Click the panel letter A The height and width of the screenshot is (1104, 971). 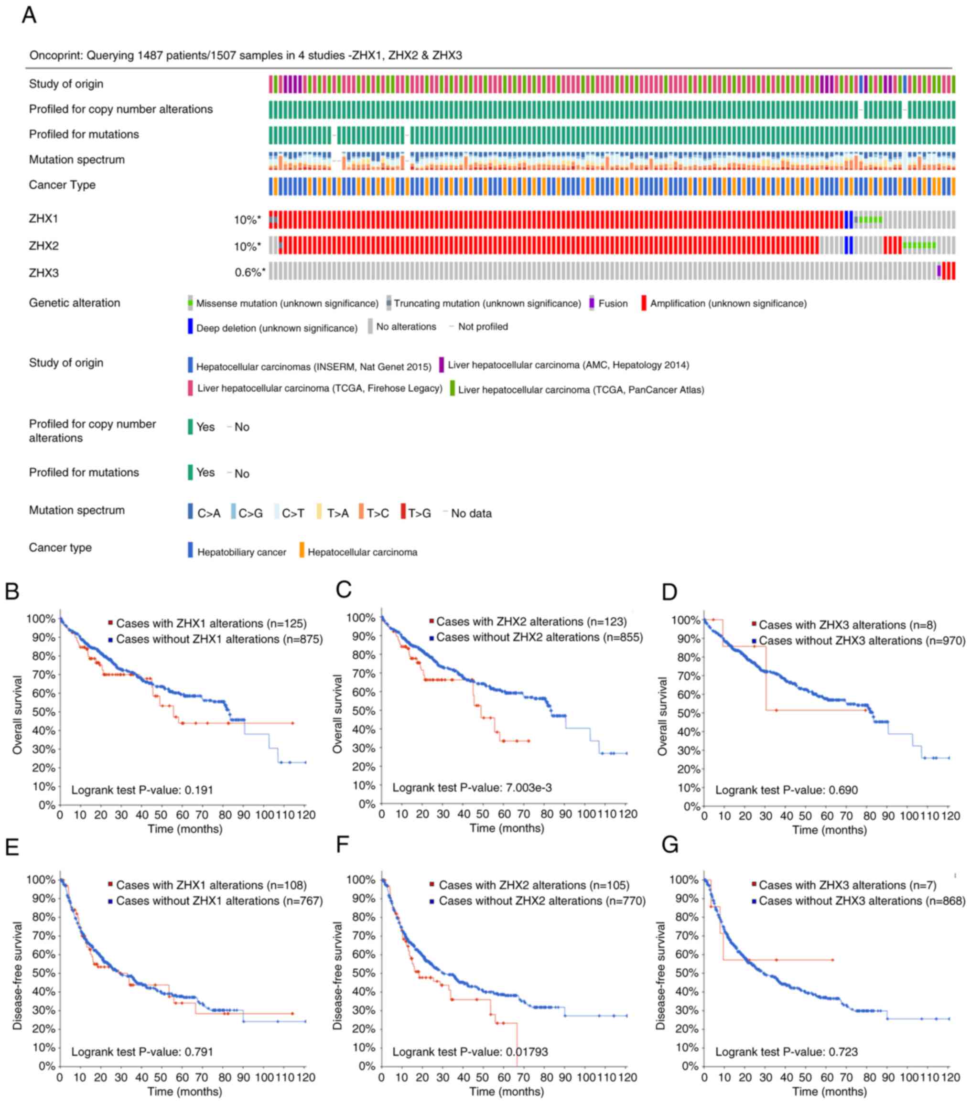click(x=29, y=15)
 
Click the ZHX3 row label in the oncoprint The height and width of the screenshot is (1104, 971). click(x=44, y=273)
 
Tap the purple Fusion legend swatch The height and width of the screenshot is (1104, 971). click(x=592, y=303)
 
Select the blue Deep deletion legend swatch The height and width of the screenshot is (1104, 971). click(x=190, y=327)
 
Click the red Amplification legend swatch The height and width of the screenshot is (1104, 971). click(x=643, y=303)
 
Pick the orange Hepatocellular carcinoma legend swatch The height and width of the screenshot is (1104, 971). click(x=302, y=550)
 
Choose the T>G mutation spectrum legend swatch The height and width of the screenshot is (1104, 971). click(x=403, y=512)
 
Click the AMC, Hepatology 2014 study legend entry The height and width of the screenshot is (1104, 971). click(x=568, y=365)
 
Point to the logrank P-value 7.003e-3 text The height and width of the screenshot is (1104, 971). click(x=472, y=788)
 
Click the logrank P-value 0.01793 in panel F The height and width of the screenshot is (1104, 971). click(x=470, y=1052)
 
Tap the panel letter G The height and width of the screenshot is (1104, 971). click(x=669, y=844)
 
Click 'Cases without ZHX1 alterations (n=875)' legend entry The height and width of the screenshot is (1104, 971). click(x=219, y=640)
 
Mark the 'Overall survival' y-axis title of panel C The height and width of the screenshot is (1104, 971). click(x=338, y=714)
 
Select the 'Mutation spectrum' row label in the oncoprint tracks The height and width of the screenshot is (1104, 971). click(x=77, y=160)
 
